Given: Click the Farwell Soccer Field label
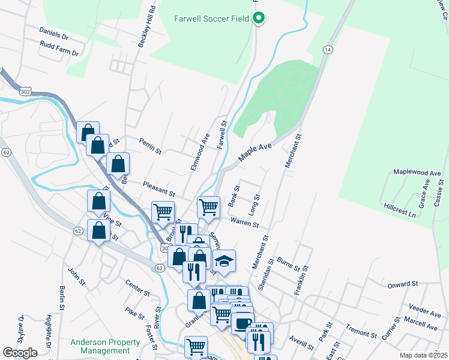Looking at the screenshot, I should tap(212, 18).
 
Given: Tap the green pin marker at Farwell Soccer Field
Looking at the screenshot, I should tap(259, 19).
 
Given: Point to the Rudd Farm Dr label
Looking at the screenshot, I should tap(59, 49).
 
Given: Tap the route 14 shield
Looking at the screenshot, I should tap(327, 50).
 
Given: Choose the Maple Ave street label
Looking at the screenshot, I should tap(256, 151).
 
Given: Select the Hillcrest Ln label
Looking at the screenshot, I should tap(400, 209).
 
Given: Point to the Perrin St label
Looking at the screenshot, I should tap(150, 148).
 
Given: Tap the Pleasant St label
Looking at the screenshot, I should tap(159, 190).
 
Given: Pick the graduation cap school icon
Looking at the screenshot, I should tap(224, 261).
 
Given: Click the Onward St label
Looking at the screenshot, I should tap(402, 284).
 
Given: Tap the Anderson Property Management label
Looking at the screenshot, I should tap(105, 346).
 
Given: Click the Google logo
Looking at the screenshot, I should tap(20, 352).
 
